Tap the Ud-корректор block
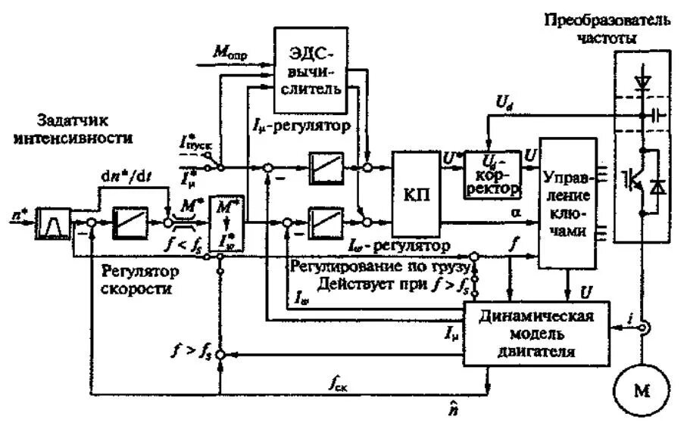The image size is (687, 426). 492,174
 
